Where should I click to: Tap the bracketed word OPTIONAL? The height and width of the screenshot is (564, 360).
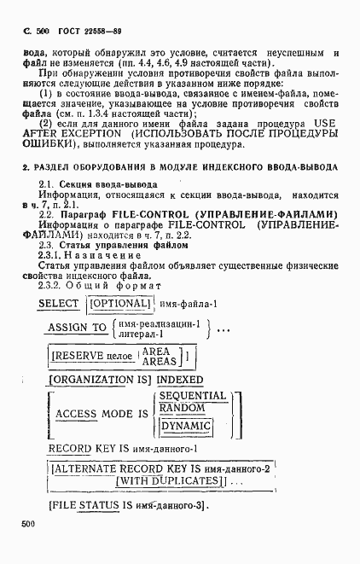coord(119,304)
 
